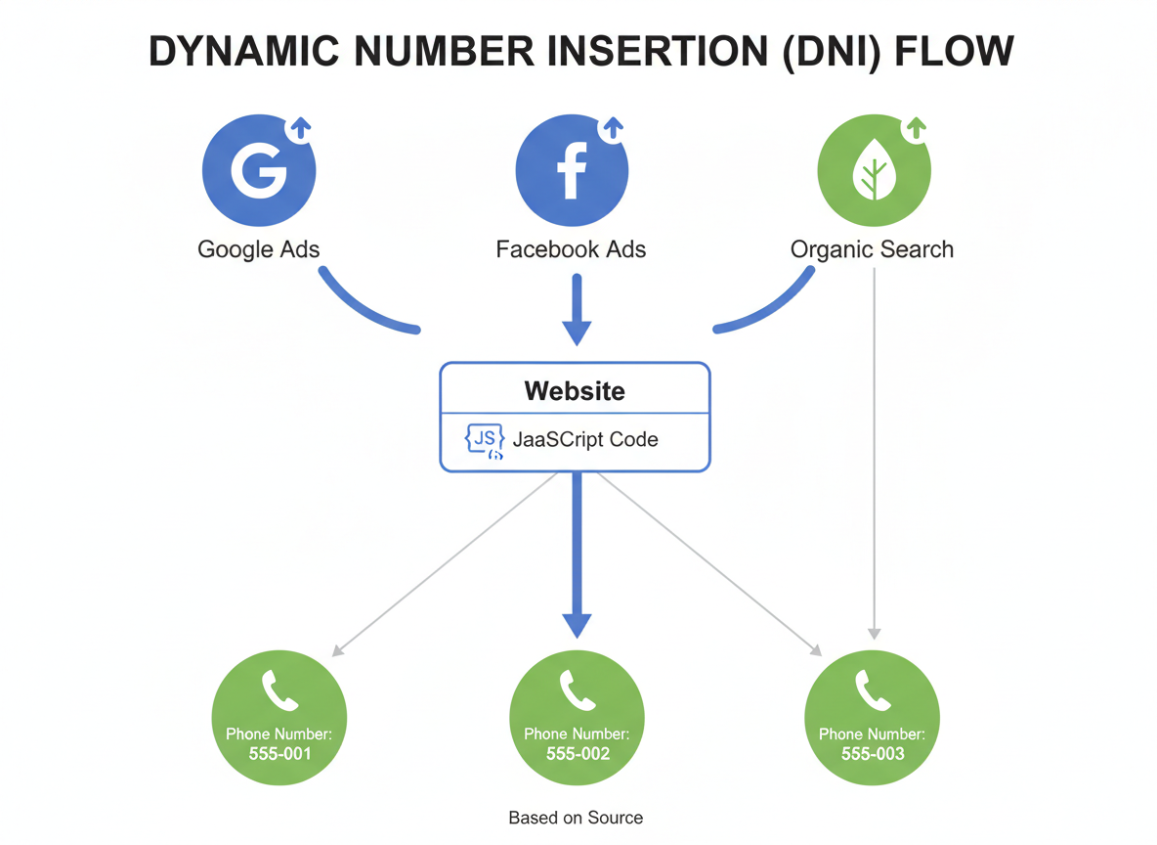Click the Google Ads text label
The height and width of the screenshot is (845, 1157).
click(x=259, y=249)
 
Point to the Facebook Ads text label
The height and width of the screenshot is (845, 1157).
click(x=571, y=249)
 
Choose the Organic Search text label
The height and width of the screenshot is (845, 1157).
click(x=872, y=249)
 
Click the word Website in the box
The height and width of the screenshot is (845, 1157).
click(x=575, y=391)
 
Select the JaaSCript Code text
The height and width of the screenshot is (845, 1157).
click(x=585, y=439)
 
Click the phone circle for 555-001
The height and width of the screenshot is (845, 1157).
click(x=279, y=719)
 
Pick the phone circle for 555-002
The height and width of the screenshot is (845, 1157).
click(x=578, y=719)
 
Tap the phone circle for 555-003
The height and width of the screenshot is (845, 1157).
click(x=872, y=719)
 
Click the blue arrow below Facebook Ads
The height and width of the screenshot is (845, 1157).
click(x=577, y=308)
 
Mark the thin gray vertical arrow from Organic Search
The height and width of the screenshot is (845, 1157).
click(x=874, y=450)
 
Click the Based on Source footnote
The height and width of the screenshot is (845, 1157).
click(x=576, y=817)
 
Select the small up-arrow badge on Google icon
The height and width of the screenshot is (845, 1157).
click(x=301, y=128)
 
